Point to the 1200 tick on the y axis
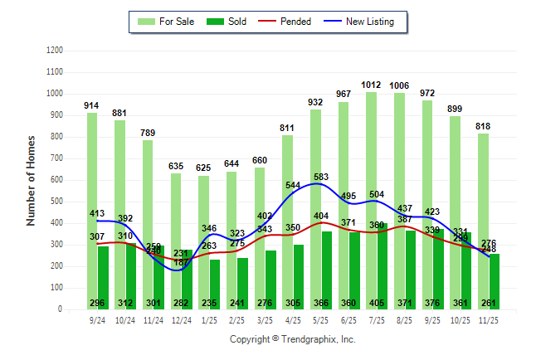56,51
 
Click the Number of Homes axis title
32,180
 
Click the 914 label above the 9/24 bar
92,105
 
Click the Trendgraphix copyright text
292,340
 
